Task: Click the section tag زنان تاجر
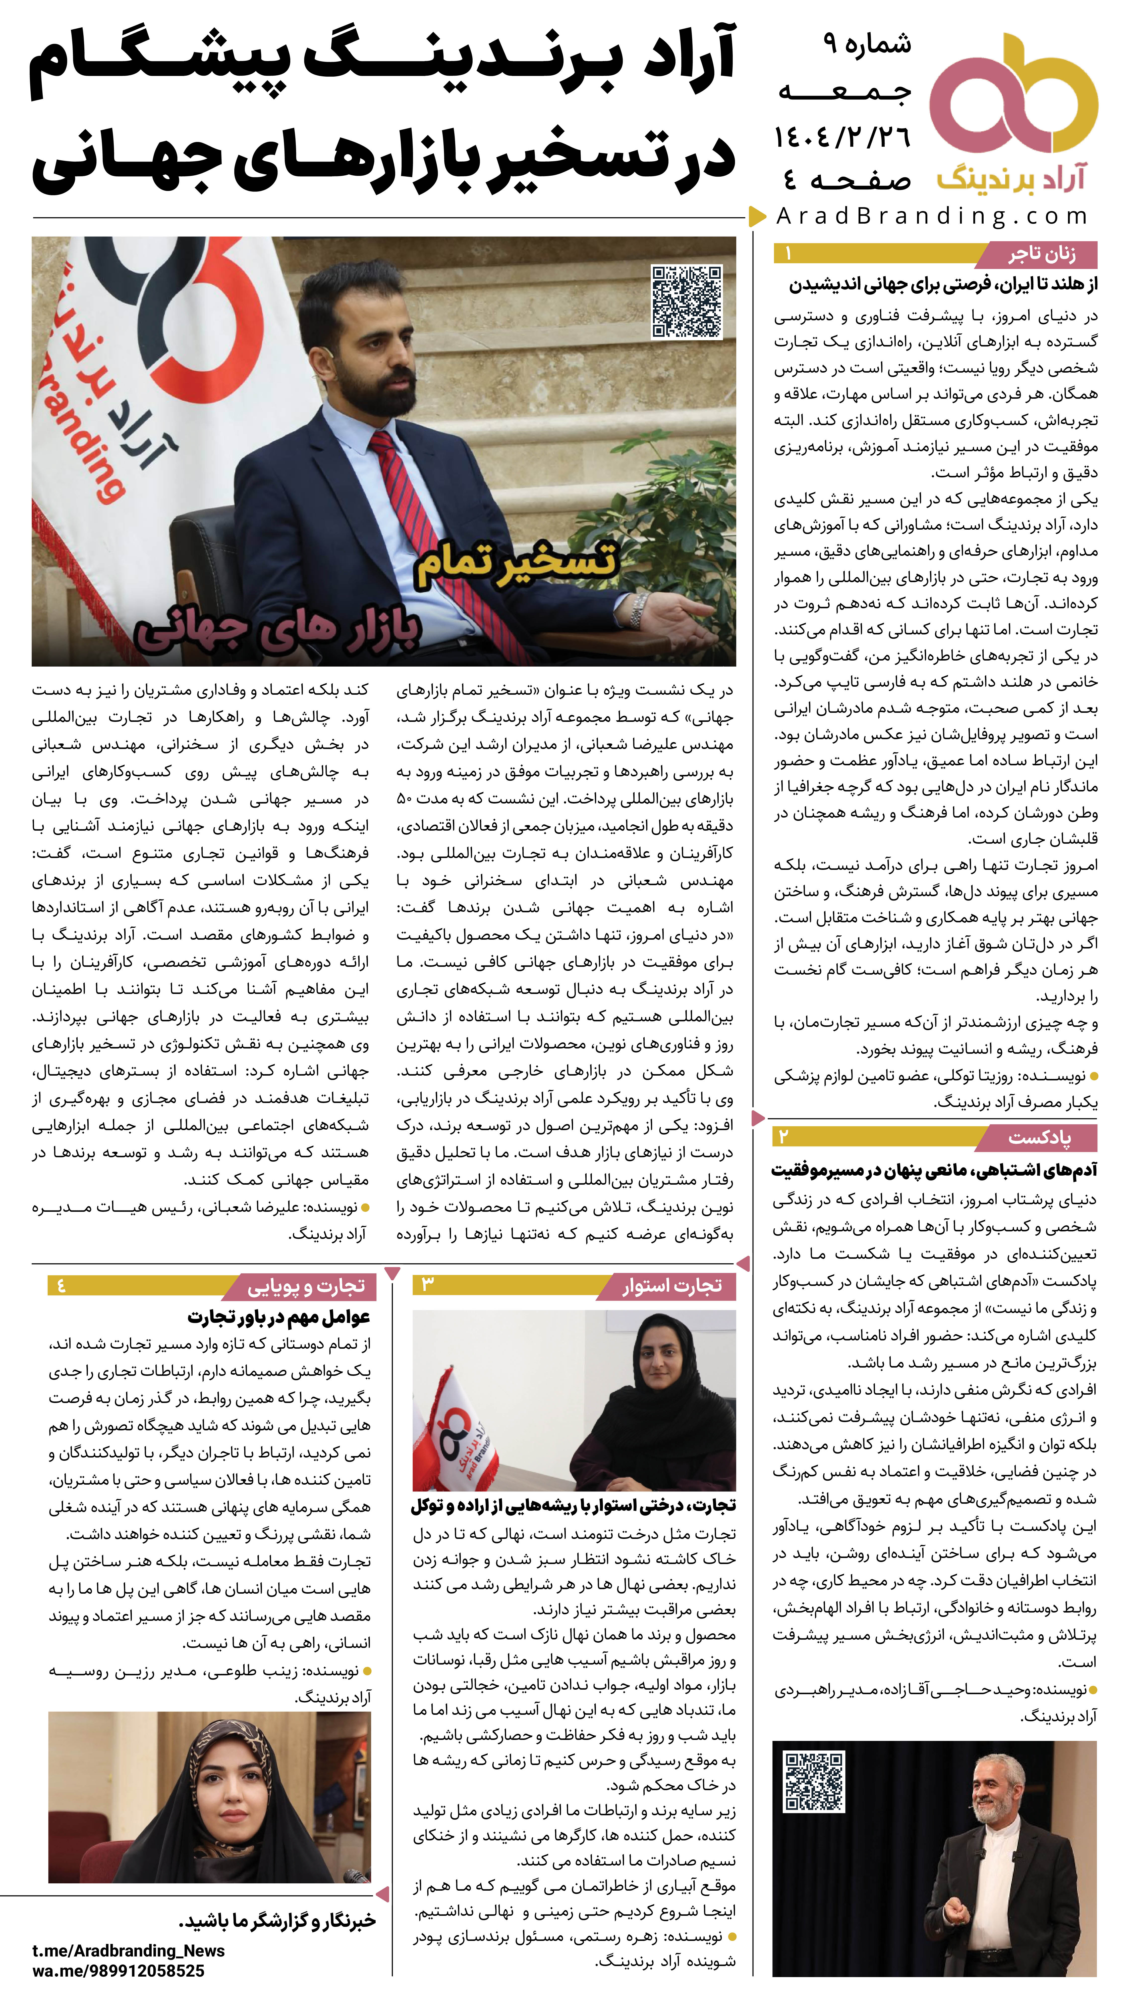pos(1041,254)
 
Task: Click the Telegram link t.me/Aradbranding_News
pos(129,1950)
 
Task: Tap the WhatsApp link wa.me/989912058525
pos(119,1971)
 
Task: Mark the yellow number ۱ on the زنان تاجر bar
pos(789,254)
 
